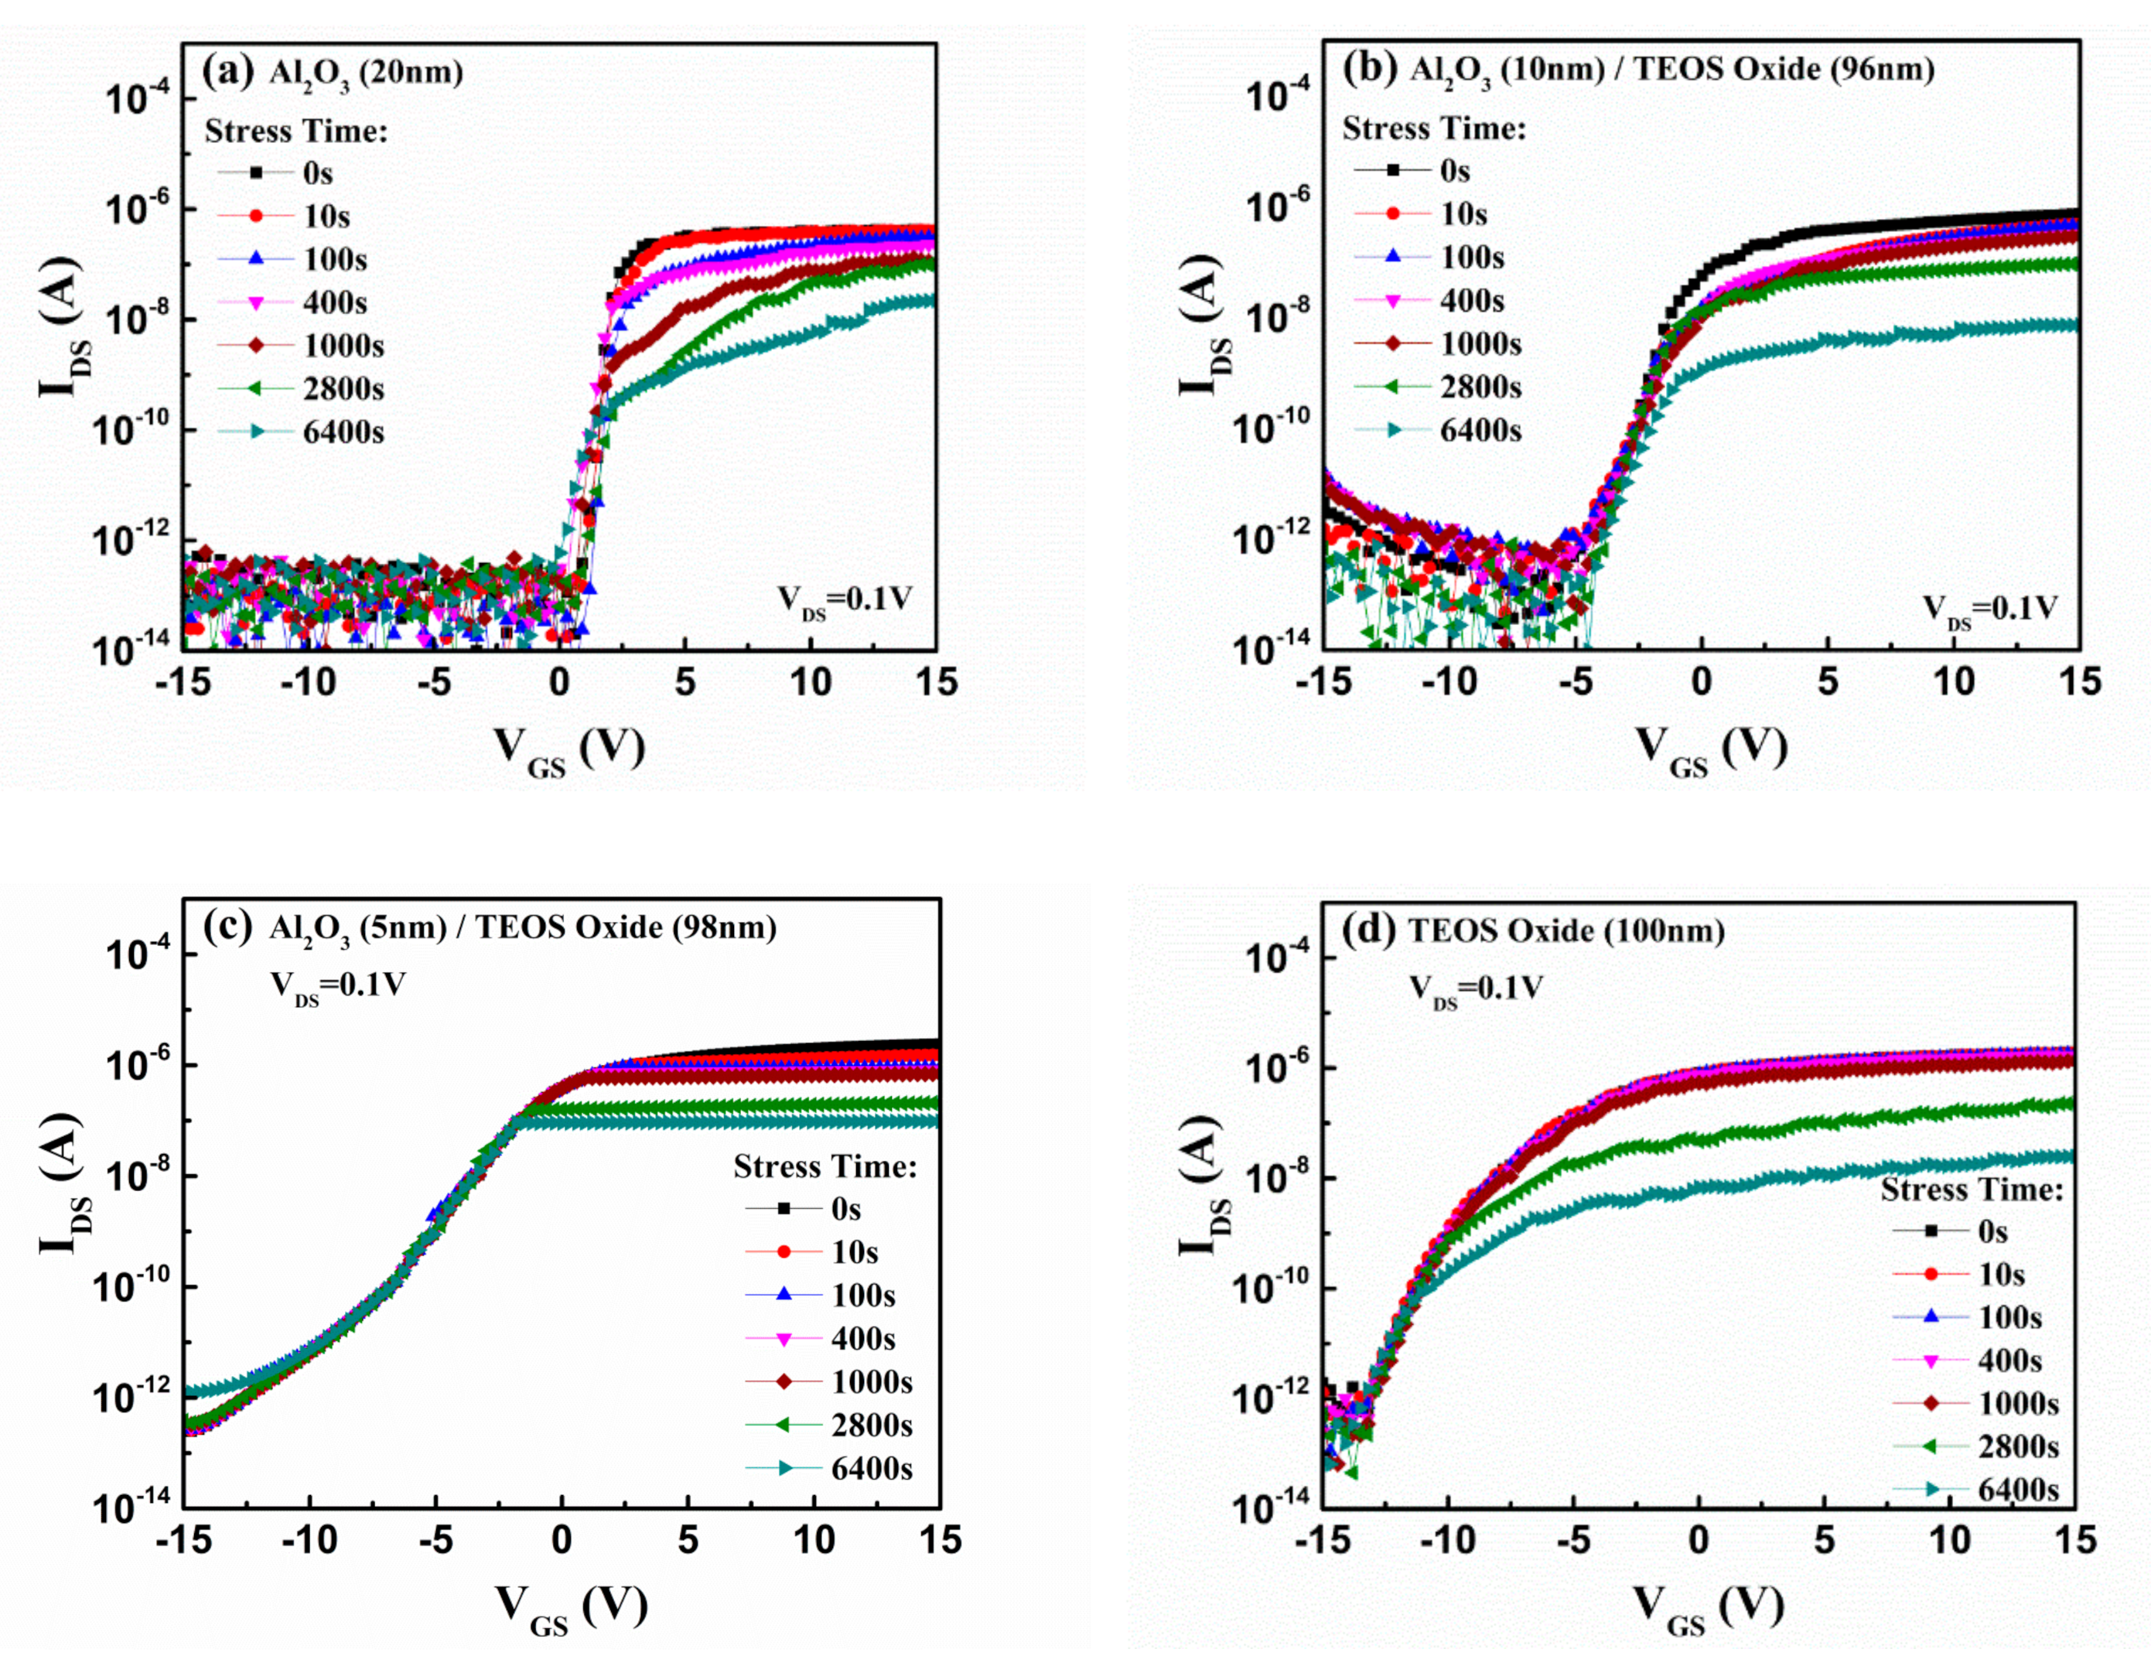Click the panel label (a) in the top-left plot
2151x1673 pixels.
[227, 72]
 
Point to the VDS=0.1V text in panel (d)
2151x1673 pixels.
[1475, 988]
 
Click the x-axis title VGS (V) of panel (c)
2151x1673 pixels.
[572, 1608]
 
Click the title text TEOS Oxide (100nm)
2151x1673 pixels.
[1566, 930]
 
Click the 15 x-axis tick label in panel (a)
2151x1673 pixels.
[936, 682]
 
